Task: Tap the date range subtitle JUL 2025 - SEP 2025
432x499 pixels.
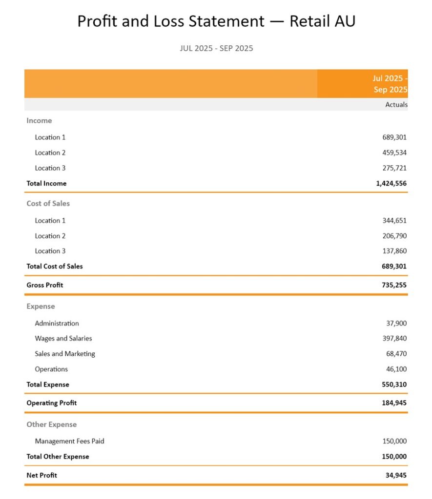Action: pos(216,48)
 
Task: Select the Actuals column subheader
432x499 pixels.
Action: pos(396,104)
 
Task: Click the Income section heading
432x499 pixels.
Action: pos(39,120)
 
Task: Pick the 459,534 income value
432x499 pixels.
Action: pos(394,153)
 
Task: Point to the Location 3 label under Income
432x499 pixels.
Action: pos(50,168)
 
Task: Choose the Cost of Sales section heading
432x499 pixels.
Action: pos(48,203)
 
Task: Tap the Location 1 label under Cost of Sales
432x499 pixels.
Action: pos(50,220)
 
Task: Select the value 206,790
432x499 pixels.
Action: pos(394,236)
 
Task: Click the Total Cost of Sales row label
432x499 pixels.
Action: pos(55,267)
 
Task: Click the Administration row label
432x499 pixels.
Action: pos(57,323)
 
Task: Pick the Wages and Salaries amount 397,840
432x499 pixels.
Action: pos(394,338)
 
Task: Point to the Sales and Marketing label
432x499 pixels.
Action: pos(65,354)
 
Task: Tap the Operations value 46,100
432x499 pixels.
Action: pos(396,369)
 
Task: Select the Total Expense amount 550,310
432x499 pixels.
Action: pos(394,384)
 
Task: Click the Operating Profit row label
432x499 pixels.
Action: pos(51,403)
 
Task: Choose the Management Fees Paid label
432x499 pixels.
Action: pos(69,441)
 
